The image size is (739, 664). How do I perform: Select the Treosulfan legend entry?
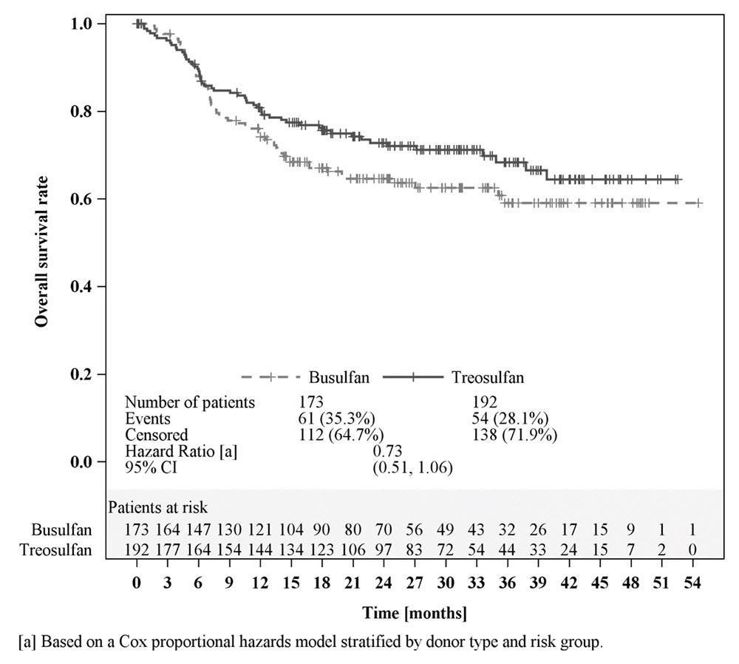point(487,377)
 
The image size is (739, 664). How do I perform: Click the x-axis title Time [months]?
point(414,614)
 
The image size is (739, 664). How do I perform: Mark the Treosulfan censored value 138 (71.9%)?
point(514,435)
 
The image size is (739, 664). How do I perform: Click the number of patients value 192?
point(484,403)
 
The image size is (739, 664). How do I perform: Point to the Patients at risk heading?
point(157,507)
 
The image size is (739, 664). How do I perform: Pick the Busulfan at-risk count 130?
point(230,530)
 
